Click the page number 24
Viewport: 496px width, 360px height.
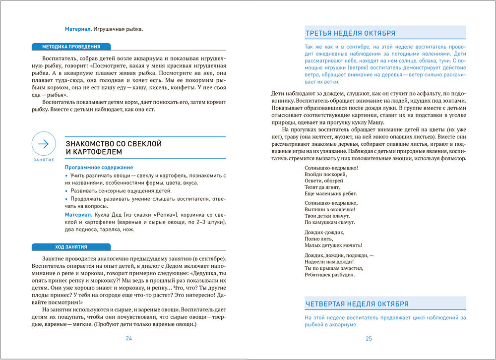pyautogui.click(x=128, y=339)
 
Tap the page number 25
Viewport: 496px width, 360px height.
pyautogui.click(x=369, y=339)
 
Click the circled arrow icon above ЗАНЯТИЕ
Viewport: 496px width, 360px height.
pyautogui.click(x=44, y=144)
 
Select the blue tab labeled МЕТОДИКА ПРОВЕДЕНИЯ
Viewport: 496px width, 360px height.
pyautogui.click(x=71, y=47)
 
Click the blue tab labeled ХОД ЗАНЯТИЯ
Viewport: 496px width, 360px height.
pyautogui.click(x=71, y=247)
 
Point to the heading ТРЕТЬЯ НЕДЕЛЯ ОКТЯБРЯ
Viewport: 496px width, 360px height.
pyautogui.click(x=350, y=33)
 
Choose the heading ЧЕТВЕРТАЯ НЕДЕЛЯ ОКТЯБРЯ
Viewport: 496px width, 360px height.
pyautogui.click(x=357, y=304)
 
